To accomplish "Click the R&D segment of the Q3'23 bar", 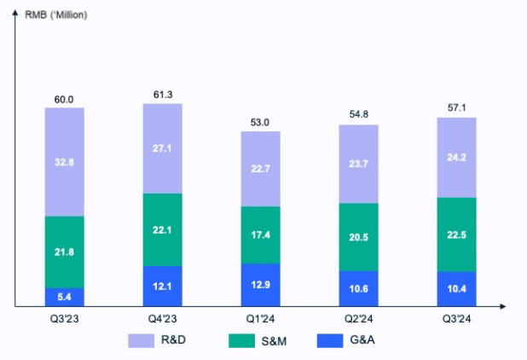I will click(x=65, y=162).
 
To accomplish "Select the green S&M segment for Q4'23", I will click(x=162, y=229).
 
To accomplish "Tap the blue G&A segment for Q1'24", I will click(x=261, y=284).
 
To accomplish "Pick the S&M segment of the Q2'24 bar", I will click(x=358, y=236).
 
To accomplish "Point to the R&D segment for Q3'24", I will click(x=456, y=157).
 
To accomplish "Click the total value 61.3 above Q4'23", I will click(x=162, y=94).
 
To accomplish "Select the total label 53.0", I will click(x=261, y=123).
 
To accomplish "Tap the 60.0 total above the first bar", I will click(x=65, y=100).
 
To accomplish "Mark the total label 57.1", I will click(x=456, y=109).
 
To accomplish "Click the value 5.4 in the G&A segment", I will click(x=65, y=296).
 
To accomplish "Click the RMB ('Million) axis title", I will click(x=57, y=15).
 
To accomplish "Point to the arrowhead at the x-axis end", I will click(x=505, y=305).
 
